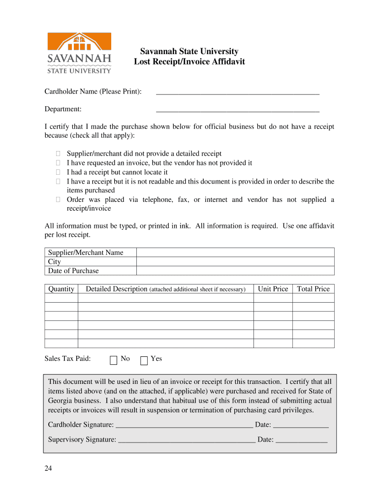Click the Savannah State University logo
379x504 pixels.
pyautogui.click(x=79, y=53)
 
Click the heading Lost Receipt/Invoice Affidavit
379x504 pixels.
pyautogui.click(x=189, y=62)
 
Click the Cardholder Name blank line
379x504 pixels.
pyautogui.click(x=237, y=92)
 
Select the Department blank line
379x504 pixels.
pyautogui.click(x=237, y=110)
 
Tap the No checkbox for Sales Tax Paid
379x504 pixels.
pyautogui.click(x=114, y=360)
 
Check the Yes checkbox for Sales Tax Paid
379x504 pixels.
pyautogui.click(x=144, y=360)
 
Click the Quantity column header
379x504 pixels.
pyautogui.click(x=62, y=289)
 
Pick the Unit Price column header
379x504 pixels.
pyautogui.click(x=273, y=289)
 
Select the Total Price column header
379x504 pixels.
pyautogui.click(x=313, y=289)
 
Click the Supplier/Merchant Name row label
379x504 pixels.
pyautogui.click(x=86, y=252)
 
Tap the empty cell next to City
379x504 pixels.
pyautogui.click(x=235, y=262)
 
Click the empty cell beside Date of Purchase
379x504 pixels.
pyautogui.click(x=235, y=271)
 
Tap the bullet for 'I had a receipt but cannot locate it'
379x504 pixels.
pyautogui.click(x=58, y=172)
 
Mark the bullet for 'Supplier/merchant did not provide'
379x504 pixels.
pyautogui.click(x=58, y=154)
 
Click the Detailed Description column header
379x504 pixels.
pyautogui.click(x=165, y=289)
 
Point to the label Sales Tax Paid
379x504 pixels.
pyautogui.click(x=67, y=359)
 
